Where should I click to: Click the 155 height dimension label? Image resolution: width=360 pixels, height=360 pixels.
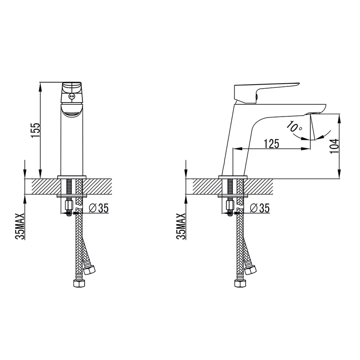coord(36,130)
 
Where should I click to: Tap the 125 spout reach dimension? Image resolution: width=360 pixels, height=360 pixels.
coord(271,144)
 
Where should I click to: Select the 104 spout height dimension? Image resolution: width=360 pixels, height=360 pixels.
coord(334,146)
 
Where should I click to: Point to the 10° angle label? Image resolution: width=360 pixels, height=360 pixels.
coord(294,127)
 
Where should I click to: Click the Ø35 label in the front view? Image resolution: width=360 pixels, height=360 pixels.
coord(99,208)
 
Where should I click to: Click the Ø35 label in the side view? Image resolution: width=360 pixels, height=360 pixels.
coord(260,208)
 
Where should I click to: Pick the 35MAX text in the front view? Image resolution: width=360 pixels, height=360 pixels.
coord(20,226)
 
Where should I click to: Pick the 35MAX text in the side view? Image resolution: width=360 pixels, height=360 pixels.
coord(181,226)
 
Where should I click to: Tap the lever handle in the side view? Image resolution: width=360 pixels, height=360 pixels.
coord(264,92)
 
